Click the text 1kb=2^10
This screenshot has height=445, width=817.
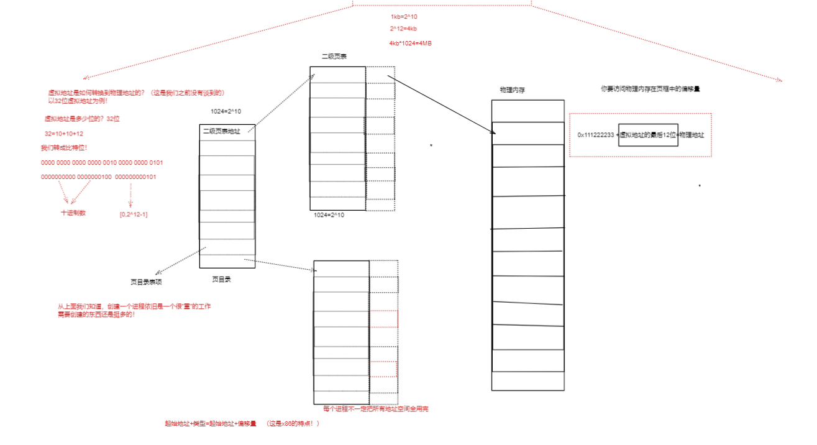coord(404,17)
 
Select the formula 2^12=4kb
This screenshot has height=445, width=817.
coord(403,29)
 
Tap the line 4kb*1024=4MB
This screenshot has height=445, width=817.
coord(410,43)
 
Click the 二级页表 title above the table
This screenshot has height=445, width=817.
coord(334,57)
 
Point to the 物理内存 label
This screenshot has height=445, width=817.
coord(513,90)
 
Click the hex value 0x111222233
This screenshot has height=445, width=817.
coord(596,135)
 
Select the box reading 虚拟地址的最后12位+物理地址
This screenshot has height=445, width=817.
coord(648,135)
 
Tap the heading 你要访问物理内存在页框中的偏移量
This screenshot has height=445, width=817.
coord(650,89)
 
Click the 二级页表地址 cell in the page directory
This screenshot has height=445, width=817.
coord(221,131)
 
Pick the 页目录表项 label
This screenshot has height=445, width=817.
coord(146,281)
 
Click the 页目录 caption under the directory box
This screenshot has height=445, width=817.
coord(221,280)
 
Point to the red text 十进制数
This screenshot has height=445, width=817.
coord(73,213)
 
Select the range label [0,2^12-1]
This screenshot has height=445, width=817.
coord(134,214)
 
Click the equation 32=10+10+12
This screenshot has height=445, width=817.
coord(64,134)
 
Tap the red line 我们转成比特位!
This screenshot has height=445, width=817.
coord(64,148)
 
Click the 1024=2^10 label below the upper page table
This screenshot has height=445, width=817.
coord(329,215)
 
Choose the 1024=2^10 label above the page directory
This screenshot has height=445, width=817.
coord(226,112)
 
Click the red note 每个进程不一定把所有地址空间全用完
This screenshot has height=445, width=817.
coord(375,409)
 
